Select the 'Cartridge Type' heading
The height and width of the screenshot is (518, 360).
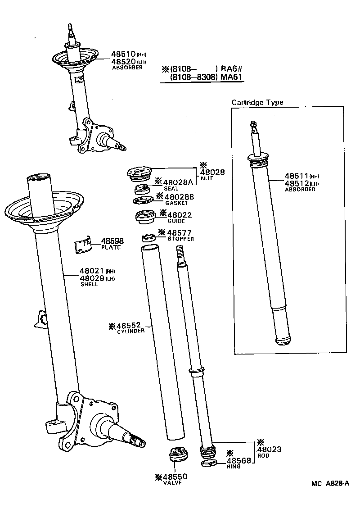click(257, 102)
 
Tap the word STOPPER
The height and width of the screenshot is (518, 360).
click(180, 239)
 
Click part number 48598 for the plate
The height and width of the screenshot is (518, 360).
click(112, 241)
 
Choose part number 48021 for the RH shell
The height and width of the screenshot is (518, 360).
click(91, 271)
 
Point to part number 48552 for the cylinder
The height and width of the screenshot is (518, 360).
click(129, 325)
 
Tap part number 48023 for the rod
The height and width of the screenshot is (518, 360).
click(269, 450)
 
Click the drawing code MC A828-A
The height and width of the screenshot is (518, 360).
click(329, 484)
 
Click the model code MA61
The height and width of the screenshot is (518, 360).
click(231, 77)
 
